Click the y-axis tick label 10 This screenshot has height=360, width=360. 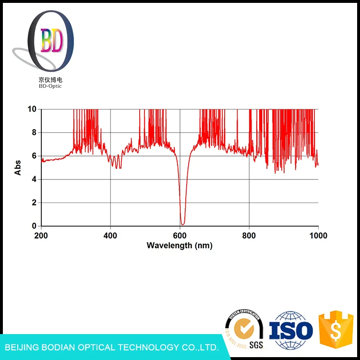pyautogui.click(x=32, y=109)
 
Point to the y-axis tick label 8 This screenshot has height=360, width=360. pyautogui.click(x=34, y=132)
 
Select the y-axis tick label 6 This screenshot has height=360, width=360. pyautogui.click(x=34, y=156)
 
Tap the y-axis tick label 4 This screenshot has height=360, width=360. pyautogui.click(x=34, y=180)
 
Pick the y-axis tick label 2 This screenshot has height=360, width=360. pyautogui.click(x=34, y=203)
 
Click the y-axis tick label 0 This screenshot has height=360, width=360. pyautogui.click(x=34, y=226)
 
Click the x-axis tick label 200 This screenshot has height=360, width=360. pyautogui.click(x=41, y=236)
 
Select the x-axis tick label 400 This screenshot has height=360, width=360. pyautogui.click(x=110, y=236)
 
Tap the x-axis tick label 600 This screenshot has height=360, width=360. pyautogui.click(x=180, y=236)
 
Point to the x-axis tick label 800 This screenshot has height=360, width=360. pyautogui.click(x=249, y=236)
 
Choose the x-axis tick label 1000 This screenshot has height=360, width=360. pyautogui.click(x=318, y=236)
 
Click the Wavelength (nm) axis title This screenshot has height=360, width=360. pyautogui.click(x=180, y=245)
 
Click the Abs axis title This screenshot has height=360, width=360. pyautogui.click(x=18, y=168)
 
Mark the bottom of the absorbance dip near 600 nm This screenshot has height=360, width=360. pyautogui.click(x=182, y=224)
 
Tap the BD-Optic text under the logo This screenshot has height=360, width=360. pyautogui.click(x=50, y=86)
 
